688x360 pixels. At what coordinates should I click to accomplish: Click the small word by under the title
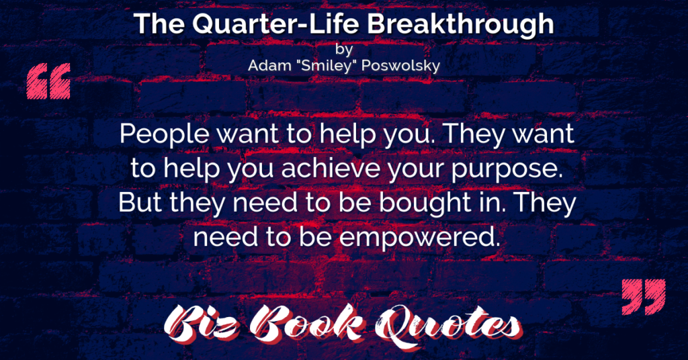click(344, 49)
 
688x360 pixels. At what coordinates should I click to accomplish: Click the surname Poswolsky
click(400, 66)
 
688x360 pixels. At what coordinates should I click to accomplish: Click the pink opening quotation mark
click(48, 81)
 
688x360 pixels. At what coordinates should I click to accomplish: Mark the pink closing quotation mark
click(644, 297)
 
